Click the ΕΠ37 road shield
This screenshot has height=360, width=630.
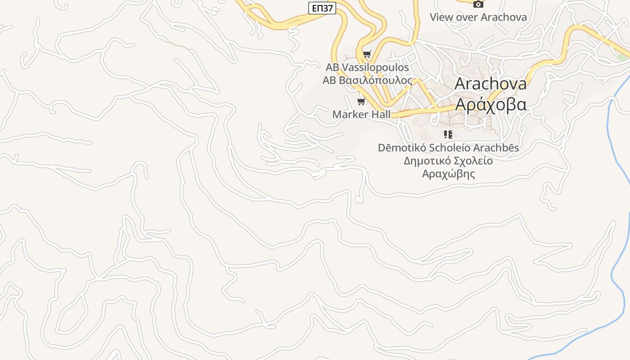(322, 8)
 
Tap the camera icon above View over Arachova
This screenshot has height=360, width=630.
(478, 4)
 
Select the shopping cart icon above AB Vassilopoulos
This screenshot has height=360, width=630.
(367, 55)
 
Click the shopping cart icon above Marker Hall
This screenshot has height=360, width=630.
(361, 101)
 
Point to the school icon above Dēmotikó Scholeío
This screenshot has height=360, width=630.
(448, 135)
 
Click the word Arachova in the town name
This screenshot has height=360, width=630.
(490, 84)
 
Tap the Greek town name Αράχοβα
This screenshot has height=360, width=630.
(490, 104)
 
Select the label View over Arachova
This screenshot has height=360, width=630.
(478, 18)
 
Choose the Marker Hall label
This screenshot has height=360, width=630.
(361, 115)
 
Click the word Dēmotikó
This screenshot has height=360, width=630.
(402, 148)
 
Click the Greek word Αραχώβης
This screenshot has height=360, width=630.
(448, 174)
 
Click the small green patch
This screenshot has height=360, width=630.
(622, 58)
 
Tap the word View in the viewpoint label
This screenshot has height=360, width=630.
(441, 18)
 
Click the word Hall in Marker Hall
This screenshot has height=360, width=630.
(381, 115)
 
